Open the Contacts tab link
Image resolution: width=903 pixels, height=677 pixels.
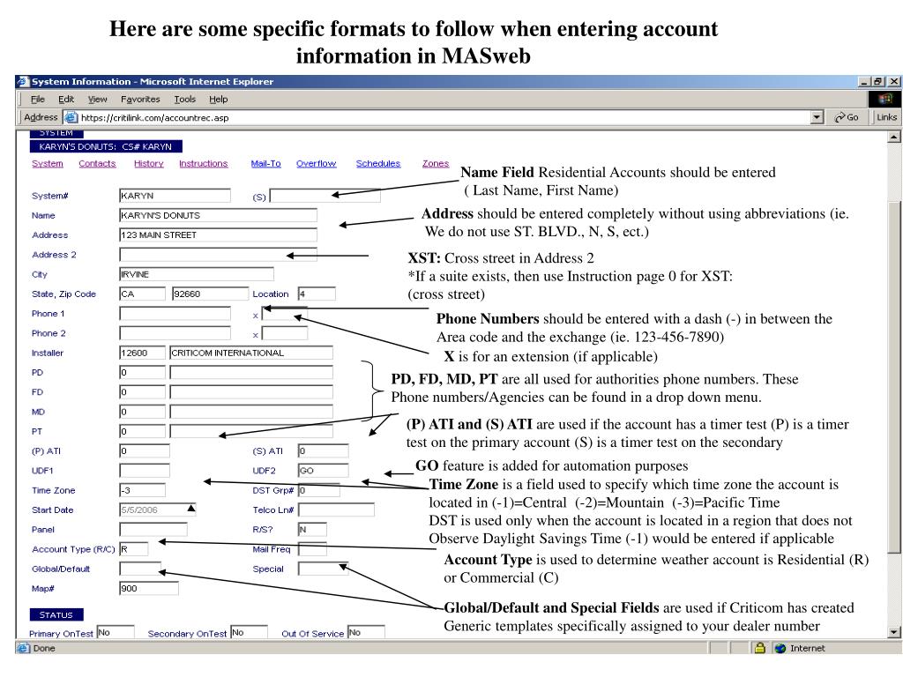pyautogui.click(x=97, y=164)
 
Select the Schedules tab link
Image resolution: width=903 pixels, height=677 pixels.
pyautogui.click(x=377, y=164)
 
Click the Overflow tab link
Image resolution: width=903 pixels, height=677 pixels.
pyautogui.click(x=316, y=164)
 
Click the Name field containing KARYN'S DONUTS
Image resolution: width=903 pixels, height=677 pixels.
pyautogui.click(x=218, y=215)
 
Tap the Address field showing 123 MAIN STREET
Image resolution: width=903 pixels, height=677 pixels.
pyautogui.click(x=218, y=234)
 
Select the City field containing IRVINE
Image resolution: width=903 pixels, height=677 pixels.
pyautogui.click(x=196, y=274)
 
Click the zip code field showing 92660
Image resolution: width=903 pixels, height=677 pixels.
pyautogui.click(x=210, y=294)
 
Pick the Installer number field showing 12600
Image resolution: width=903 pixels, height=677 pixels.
pyautogui.click(x=142, y=353)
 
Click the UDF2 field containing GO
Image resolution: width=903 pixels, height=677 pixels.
pyautogui.click(x=323, y=471)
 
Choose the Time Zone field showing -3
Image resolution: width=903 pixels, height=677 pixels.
pyautogui.click(x=142, y=490)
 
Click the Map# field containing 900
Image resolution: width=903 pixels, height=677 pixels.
pyautogui.click(x=148, y=588)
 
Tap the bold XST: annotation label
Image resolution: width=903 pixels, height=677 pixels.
pyautogui.click(x=424, y=258)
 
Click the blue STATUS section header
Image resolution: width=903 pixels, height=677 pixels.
pyautogui.click(x=56, y=614)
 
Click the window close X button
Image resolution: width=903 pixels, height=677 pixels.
pyautogui.click(x=895, y=82)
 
